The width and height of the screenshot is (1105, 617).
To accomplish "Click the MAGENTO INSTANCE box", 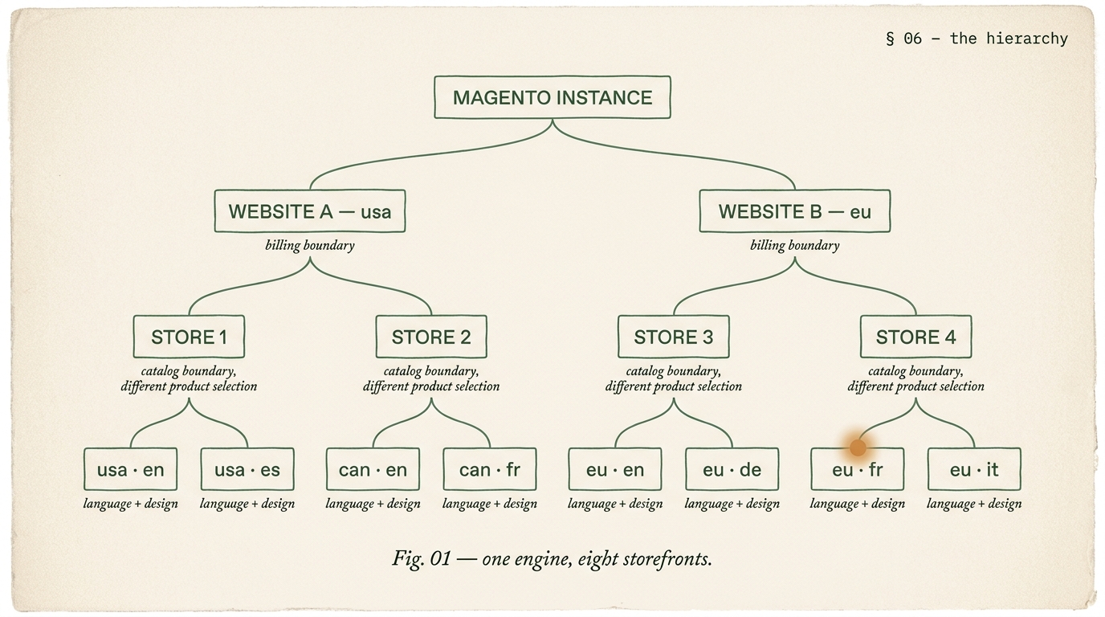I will coord(552,97).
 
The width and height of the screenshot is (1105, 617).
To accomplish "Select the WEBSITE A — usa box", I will coord(309,211).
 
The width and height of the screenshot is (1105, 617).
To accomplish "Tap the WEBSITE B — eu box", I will coord(794,211).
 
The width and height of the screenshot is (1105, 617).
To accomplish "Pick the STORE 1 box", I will coord(189,337).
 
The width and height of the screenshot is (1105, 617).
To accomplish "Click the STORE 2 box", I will coord(431,337).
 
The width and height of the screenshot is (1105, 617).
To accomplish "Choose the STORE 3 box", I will coord(673,337).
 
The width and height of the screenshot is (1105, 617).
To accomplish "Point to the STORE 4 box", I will coord(915,337).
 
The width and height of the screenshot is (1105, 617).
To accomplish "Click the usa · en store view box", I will coord(130,469).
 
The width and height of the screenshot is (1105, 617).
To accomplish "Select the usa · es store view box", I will coord(247,469).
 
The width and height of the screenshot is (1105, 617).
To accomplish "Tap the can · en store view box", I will coord(373,469).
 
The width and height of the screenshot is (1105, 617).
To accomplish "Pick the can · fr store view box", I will coord(490,469).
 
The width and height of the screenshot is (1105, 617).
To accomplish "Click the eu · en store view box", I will coord(615,469).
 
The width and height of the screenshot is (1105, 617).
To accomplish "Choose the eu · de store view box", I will coord(732,469).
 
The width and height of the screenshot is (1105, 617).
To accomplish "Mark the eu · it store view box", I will coord(974,469).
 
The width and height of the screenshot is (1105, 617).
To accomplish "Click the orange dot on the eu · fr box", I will coord(858,447).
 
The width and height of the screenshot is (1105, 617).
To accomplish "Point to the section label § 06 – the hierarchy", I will coord(977,39).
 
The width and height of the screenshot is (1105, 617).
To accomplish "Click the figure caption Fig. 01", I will coord(552,558).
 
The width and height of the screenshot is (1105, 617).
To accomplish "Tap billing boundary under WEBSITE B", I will coord(794,245).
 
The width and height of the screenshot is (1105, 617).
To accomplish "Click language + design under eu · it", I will coord(974,504).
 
